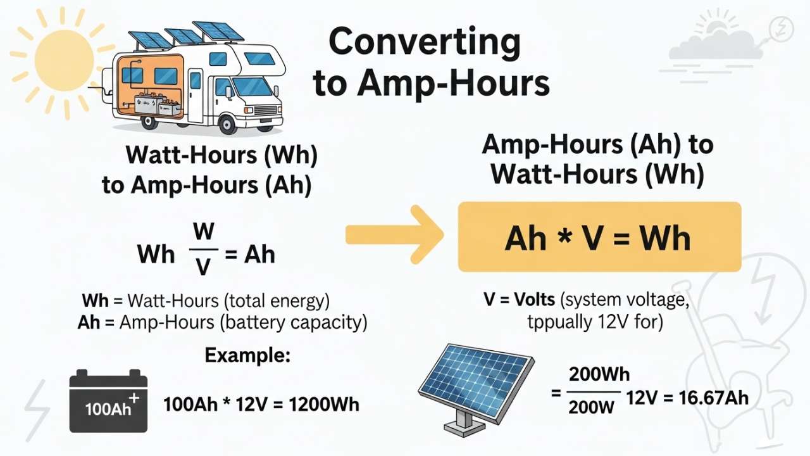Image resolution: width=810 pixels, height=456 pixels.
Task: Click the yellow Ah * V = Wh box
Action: pyautogui.click(x=599, y=237)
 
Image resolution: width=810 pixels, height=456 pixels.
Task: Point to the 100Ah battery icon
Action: pyautogui.click(x=108, y=402)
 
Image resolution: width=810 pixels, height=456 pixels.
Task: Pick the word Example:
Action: pyautogui.click(x=247, y=355)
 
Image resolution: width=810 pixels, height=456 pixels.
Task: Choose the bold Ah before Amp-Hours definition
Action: pyautogui.click(x=89, y=322)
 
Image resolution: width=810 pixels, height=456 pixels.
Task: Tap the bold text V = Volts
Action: pyautogui.click(x=520, y=300)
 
